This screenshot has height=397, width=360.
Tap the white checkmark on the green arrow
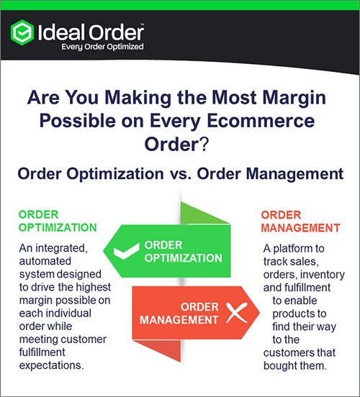(x=123, y=252)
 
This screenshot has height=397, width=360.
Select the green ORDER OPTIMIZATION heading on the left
(x=57, y=222)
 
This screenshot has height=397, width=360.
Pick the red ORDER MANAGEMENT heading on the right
(x=301, y=222)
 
